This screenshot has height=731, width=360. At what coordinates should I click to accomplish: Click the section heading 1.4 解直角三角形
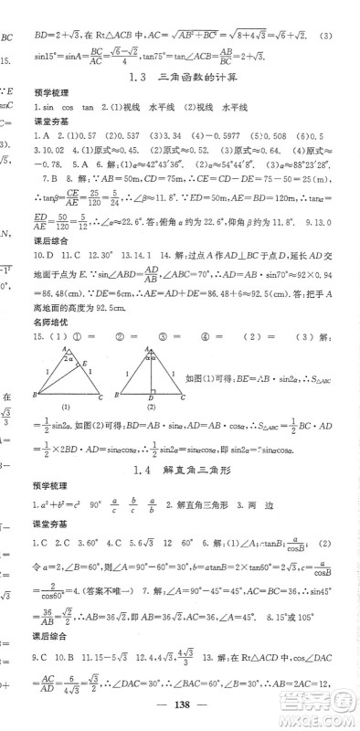tap(191, 469)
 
